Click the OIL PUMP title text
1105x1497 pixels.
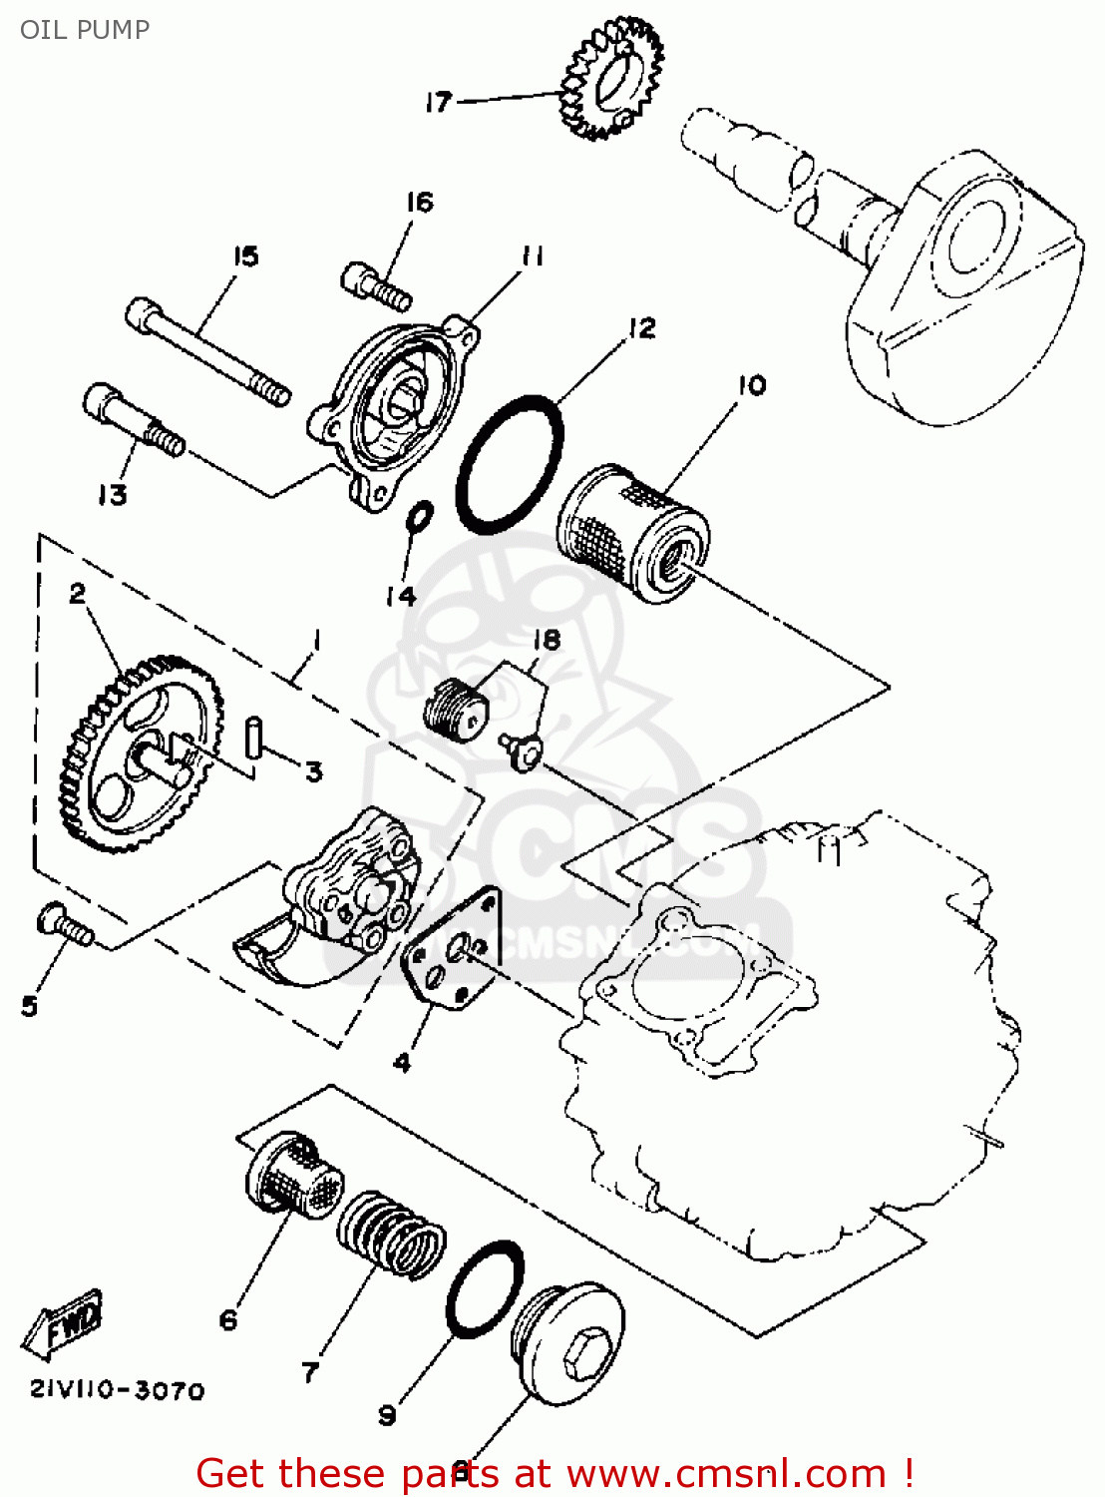coord(85,29)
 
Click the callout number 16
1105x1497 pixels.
coord(420,203)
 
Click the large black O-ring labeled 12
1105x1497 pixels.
coord(510,463)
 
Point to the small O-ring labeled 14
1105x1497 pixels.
coord(420,518)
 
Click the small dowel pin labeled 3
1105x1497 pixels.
coord(253,737)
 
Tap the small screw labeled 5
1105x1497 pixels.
coord(65,923)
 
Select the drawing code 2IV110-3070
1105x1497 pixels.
coord(117,1390)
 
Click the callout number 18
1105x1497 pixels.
coord(547,640)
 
